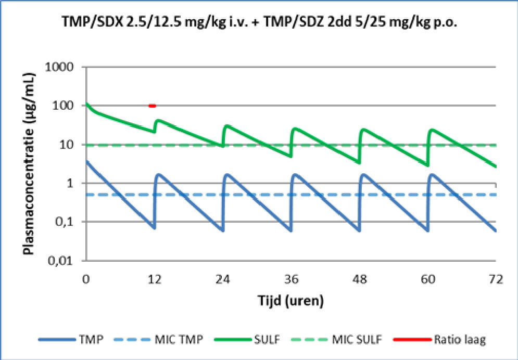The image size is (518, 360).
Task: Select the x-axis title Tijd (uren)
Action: click(x=291, y=301)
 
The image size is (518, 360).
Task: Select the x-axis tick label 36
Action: click(x=292, y=279)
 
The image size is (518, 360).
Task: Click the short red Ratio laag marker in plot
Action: click(x=152, y=106)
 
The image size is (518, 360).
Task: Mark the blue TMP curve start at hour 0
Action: click(x=87, y=162)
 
